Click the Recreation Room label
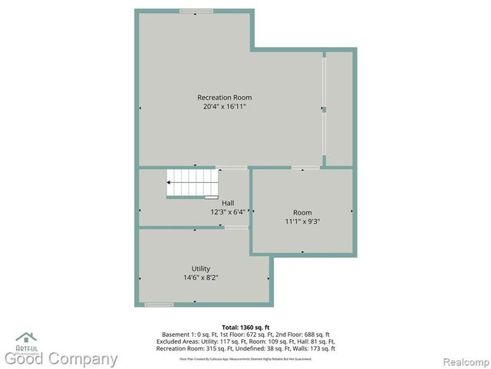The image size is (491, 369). click(224, 98)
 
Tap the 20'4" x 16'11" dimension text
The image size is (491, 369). click(224, 106)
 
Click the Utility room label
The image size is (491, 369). click(201, 268)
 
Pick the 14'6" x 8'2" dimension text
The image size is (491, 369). click(201, 278)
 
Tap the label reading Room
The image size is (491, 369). click(302, 212)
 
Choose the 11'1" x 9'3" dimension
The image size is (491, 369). click(302, 221)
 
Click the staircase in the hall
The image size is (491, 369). click(193, 184)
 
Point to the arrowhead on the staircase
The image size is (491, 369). click(170, 183)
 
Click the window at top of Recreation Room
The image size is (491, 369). click(196, 11)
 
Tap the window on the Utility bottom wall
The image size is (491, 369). click(159, 304)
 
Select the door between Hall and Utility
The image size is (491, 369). click(236, 228)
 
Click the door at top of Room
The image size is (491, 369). click(305, 168)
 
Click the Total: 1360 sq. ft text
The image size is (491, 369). click(245, 327)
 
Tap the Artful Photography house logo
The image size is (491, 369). click(26, 339)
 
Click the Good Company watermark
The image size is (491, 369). click(61, 359)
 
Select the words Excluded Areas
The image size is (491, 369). click(176, 342)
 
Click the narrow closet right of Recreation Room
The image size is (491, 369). click(339, 108)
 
